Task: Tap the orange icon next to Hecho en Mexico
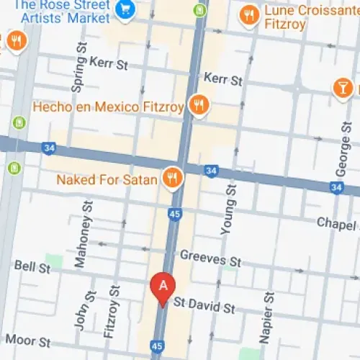(198, 107)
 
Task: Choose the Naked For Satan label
(107, 179)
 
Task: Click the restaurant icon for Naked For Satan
(172, 177)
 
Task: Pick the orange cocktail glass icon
(343, 88)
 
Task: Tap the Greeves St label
(210, 258)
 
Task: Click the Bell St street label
(33, 267)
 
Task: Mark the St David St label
(207, 308)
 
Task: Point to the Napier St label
(267, 317)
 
